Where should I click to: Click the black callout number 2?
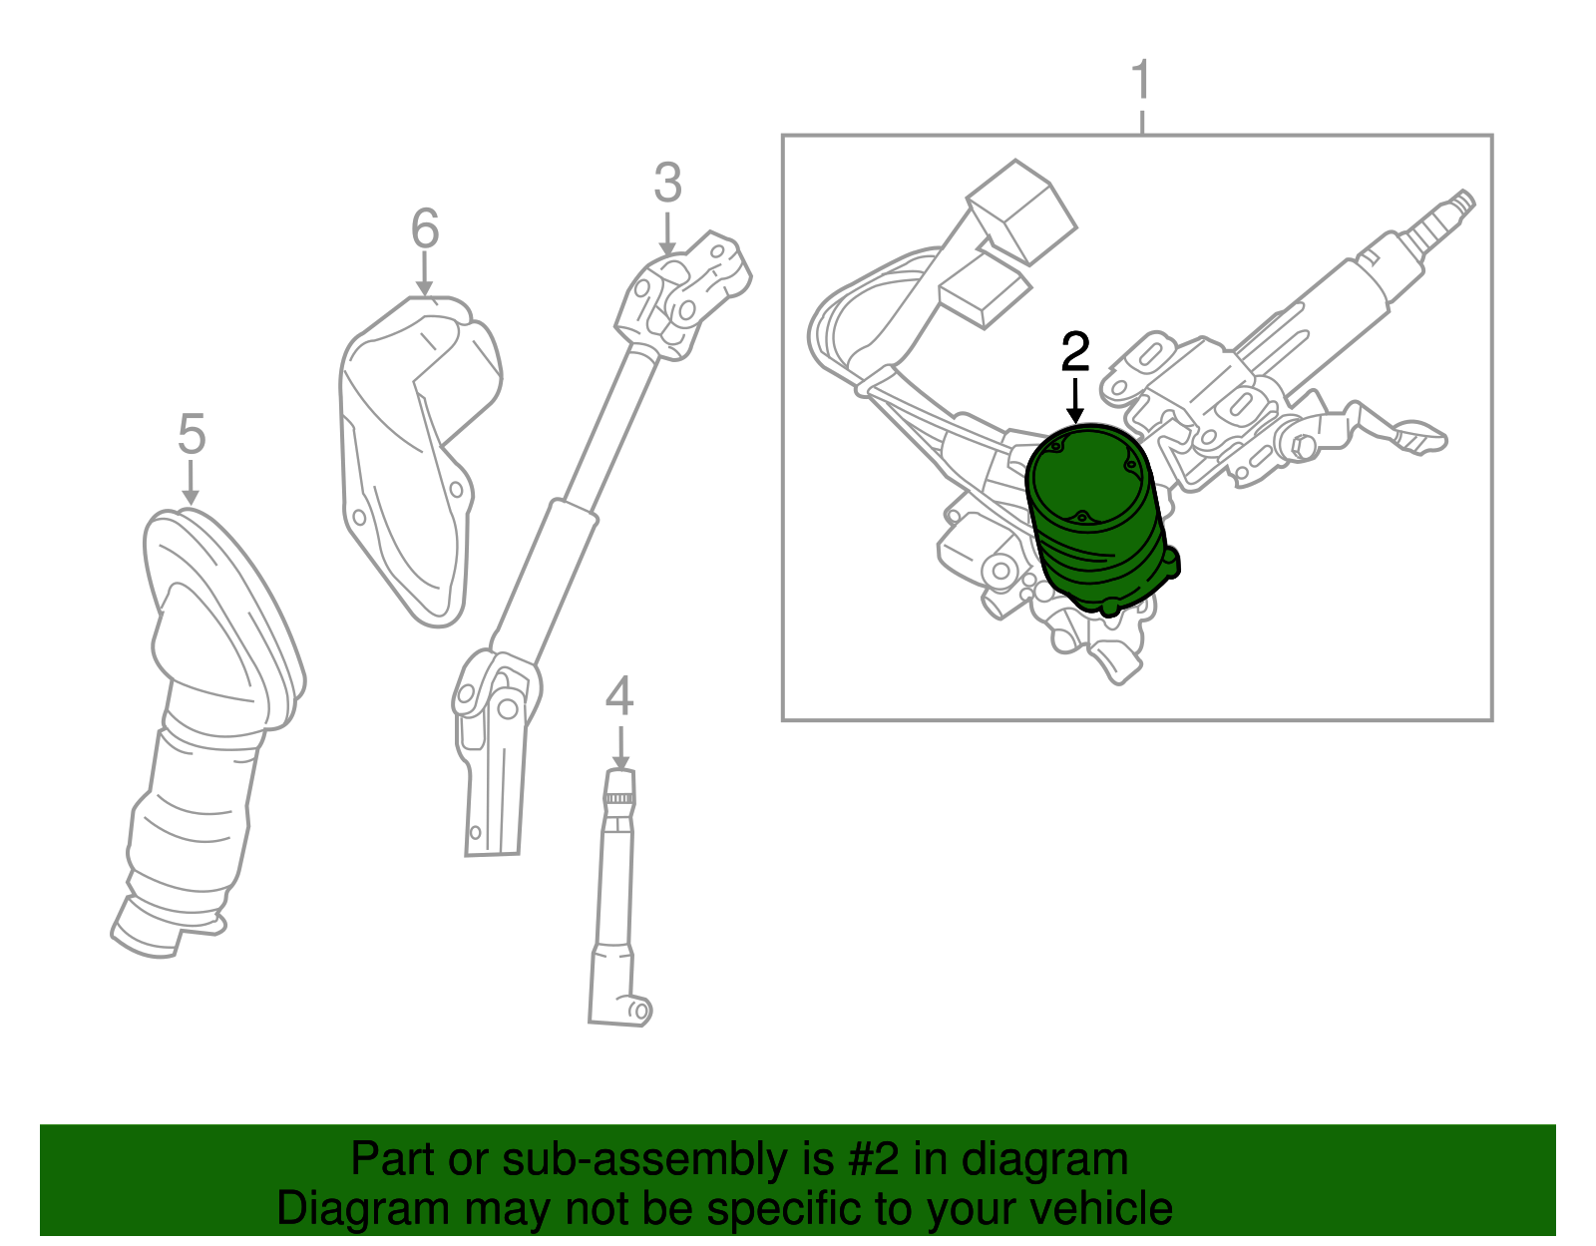pos(1075,353)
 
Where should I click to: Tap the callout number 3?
pos(667,184)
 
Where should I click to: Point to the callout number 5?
pos(191,435)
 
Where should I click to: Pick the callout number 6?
pos(425,229)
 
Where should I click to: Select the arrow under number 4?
pos(620,747)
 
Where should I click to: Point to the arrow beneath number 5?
pos(191,484)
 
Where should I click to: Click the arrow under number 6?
pos(425,274)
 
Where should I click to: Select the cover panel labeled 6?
pos(414,449)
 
